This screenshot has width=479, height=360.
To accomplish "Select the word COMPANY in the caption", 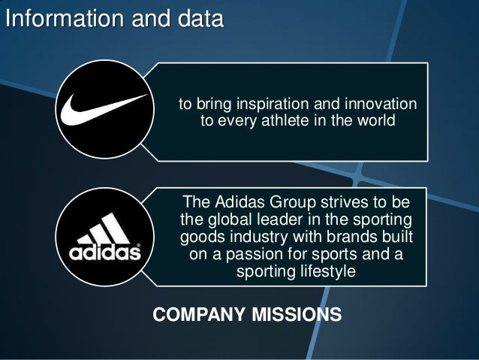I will [195, 313].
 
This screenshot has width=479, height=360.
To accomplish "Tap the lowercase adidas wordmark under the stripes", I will [105, 253].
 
